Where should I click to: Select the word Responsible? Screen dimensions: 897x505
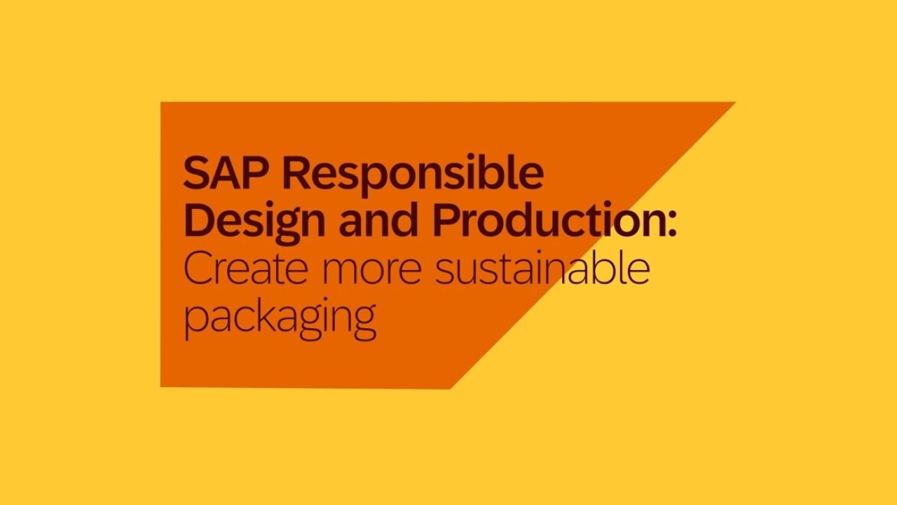pyautogui.click(x=413, y=175)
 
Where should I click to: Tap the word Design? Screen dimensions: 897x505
pyautogui.click(x=254, y=223)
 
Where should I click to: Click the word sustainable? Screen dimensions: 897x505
pyautogui.click(x=542, y=267)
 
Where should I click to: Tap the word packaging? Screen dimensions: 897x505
pyautogui.click(x=280, y=318)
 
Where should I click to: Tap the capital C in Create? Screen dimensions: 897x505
pyautogui.click(x=198, y=268)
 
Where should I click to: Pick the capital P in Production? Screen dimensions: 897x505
pyautogui.click(x=446, y=220)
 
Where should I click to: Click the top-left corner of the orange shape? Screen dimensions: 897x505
pyautogui.click(x=160, y=102)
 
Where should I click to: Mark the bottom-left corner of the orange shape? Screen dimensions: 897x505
pyautogui.click(x=160, y=387)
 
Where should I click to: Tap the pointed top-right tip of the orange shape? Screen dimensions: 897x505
pyautogui.click(x=735, y=102)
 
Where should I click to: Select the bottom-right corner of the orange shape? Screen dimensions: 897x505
pyautogui.click(x=450, y=389)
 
